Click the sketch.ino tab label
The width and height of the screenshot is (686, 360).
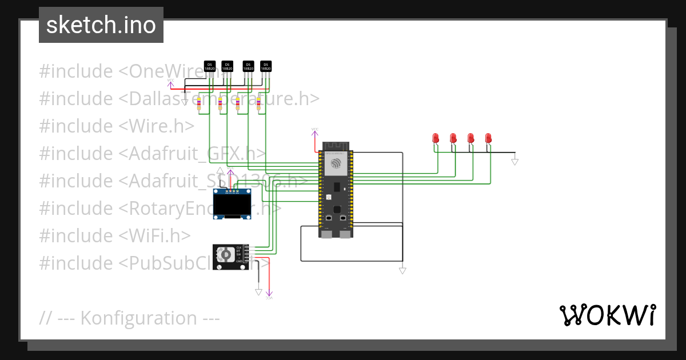pyautogui.click(x=101, y=25)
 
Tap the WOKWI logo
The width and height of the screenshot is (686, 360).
pyautogui.click(x=607, y=315)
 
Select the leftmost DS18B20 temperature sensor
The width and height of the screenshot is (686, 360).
pyautogui.click(x=210, y=67)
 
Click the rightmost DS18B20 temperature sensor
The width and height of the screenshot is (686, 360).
pyautogui.click(x=266, y=67)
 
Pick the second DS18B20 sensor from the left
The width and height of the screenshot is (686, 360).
pyautogui.click(x=227, y=67)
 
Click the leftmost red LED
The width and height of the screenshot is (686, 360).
pyautogui.click(x=436, y=138)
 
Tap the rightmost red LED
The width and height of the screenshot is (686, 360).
pyautogui.click(x=488, y=138)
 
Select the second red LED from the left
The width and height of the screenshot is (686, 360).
pyautogui.click(x=453, y=138)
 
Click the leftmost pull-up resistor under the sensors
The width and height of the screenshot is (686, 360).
pyautogui.click(x=199, y=104)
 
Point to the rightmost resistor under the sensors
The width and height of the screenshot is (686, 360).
pyautogui.click(x=258, y=104)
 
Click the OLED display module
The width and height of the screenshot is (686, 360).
pyautogui.click(x=232, y=205)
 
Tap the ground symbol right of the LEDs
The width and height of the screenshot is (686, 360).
pyautogui.click(x=514, y=162)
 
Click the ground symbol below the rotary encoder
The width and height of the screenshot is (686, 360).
pyautogui.click(x=258, y=291)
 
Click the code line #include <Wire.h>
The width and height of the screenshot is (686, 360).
pyautogui.click(x=117, y=126)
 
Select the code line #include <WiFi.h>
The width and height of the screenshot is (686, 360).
pyautogui.click(x=115, y=235)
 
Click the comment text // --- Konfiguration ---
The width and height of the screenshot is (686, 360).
pyautogui.click(x=130, y=318)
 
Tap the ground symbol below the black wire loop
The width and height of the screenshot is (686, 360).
pyautogui.click(x=402, y=270)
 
